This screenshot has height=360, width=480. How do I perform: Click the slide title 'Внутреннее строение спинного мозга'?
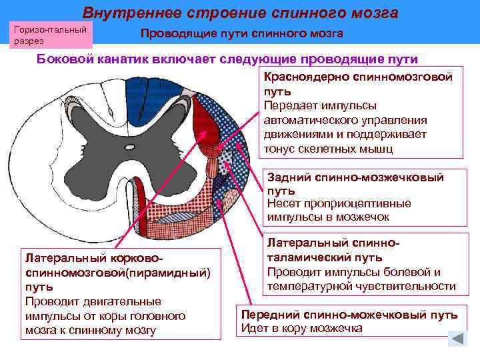pos(240,13)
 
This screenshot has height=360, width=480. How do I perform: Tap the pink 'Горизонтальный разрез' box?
pos(51,35)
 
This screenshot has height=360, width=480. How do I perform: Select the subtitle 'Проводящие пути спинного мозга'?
pos(242,34)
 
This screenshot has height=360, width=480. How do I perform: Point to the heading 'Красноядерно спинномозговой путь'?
pos(358,83)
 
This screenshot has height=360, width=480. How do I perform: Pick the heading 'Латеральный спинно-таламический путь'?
pos(333,251)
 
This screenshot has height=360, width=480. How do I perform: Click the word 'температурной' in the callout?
pos(309,286)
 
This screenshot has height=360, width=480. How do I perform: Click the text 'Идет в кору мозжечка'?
pos(301,329)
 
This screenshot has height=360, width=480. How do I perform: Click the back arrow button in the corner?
pos(457,338)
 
